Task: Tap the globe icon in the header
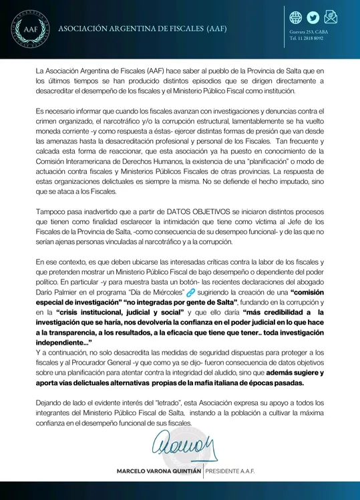[297, 17]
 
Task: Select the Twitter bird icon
[314, 17]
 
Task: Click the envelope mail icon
[331, 17]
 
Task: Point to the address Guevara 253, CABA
[309, 32]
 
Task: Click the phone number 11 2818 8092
[311, 39]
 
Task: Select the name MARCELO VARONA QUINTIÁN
[158, 471]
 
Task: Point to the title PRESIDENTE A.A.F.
[230, 471]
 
